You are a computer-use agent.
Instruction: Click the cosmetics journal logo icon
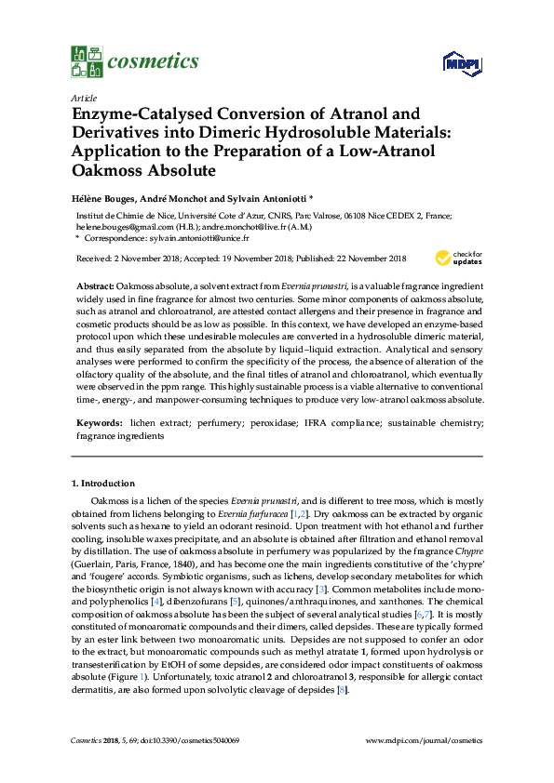(86, 61)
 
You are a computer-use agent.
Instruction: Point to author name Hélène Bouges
(105, 197)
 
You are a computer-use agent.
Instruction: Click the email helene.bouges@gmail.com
(122, 225)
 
